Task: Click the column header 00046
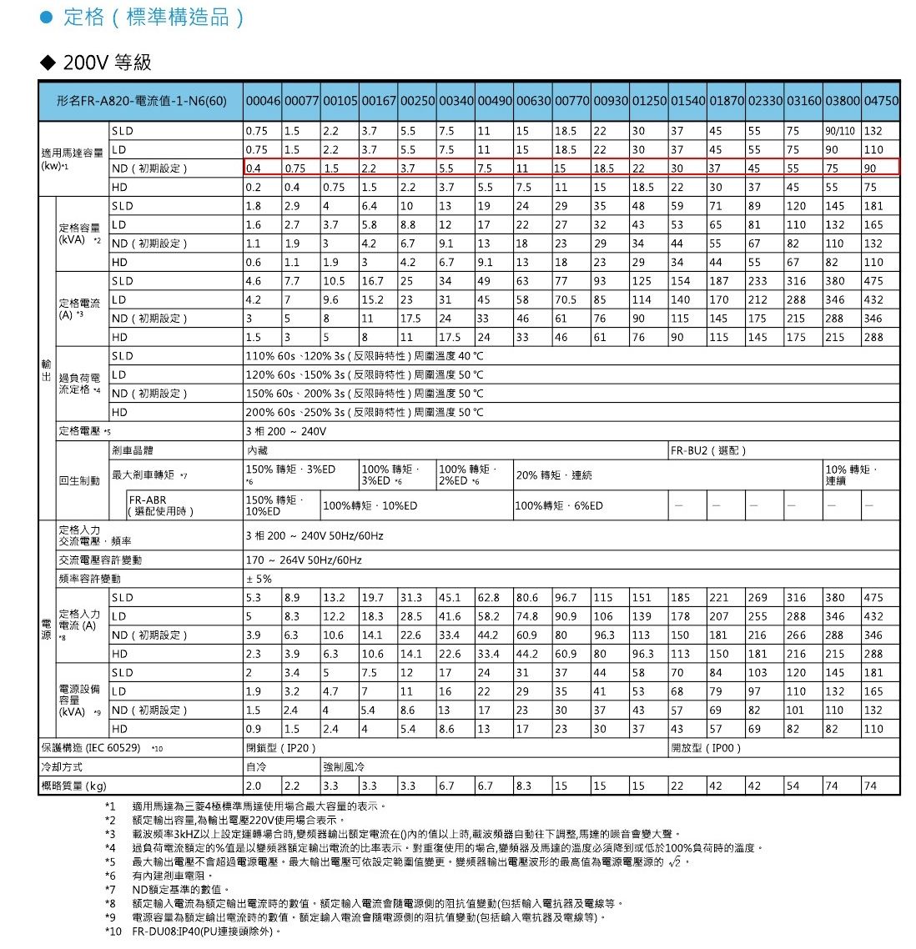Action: tap(263, 101)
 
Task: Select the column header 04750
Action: tap(881, 101)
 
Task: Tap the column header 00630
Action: tap(533, 101)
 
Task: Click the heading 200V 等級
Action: tap(107, 63)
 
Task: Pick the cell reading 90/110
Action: tap(841, 131)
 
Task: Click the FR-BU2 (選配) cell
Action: tap(708, 450)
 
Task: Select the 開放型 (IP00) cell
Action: tap(706, 748)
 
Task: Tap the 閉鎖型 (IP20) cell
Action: tap(281, 748)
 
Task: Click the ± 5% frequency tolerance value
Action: tap(259, 579)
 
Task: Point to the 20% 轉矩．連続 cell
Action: tap(554, 475)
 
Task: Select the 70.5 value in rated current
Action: tap(566, 300)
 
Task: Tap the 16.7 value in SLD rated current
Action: tap(372, 281)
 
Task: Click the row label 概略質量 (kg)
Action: tap(74, 786)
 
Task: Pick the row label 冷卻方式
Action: tap(62, 767)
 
